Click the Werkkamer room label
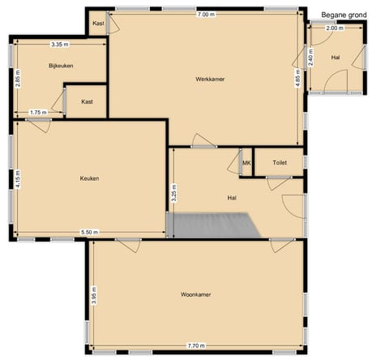210,79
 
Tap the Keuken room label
89,178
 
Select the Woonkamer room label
196,294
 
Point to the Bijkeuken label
62,66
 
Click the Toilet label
280,163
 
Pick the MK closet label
246,163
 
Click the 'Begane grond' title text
344,15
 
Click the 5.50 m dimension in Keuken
91,233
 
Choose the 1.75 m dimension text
37,113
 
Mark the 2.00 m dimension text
334,28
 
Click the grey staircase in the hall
212,224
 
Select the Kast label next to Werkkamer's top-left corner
98,24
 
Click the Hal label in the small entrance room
335,58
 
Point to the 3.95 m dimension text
95,294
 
